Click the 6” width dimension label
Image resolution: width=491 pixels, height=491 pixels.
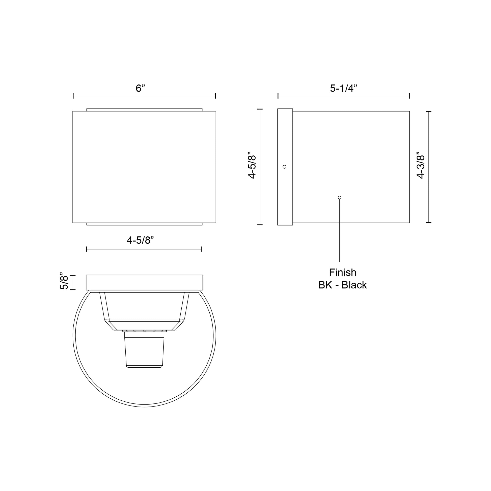140,88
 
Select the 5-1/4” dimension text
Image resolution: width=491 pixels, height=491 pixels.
343,88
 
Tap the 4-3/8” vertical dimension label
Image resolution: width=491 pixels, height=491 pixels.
421,165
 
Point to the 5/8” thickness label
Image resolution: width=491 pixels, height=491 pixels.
64,281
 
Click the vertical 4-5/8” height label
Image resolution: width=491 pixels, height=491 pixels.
252,165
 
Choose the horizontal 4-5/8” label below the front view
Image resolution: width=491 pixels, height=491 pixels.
140,240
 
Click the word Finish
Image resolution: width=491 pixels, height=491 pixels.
343,272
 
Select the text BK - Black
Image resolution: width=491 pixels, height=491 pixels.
343,285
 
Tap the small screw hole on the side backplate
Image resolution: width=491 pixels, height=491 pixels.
284,167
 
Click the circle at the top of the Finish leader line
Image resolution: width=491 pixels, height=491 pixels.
340,198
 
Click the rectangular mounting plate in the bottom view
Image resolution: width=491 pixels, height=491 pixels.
144,282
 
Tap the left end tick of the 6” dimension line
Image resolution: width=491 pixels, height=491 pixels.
73,96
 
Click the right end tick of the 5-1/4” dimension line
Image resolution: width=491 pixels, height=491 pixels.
409,96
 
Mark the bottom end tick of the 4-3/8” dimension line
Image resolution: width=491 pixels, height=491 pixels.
429,222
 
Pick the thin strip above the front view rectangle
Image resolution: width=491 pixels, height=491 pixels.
144,110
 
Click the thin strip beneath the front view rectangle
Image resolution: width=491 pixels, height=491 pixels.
144,224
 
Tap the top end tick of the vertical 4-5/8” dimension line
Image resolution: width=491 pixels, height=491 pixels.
260,109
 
